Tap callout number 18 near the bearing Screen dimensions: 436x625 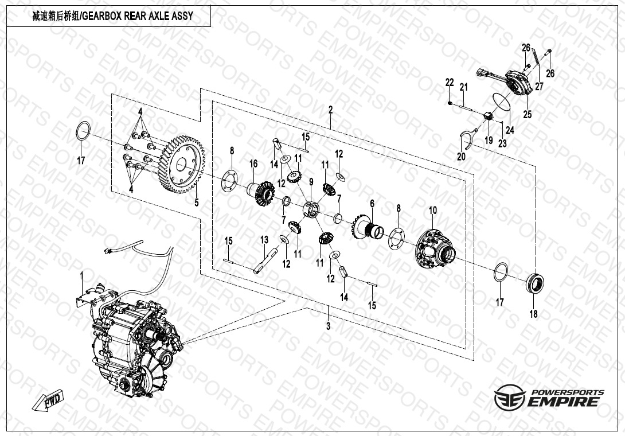pyautogui.click(x=534, y=314)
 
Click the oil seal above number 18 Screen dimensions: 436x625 pyautogui.click(x=536, y=282)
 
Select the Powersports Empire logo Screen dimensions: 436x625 pyautogui.click(x=549, y=397)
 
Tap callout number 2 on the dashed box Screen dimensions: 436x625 pyautogui.click(x=330, y=109)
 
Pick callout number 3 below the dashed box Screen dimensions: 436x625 pyautogui.click(x=328, y=326)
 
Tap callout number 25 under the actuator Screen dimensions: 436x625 pyautogui.click(x=528, y=115)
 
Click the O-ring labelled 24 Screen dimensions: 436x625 pyautogui.click(x=501, y=101)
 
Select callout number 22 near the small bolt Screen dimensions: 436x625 pyautogui.click(x=450, y=83)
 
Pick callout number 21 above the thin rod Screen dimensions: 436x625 pyautogui.click(x=464, y=87)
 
